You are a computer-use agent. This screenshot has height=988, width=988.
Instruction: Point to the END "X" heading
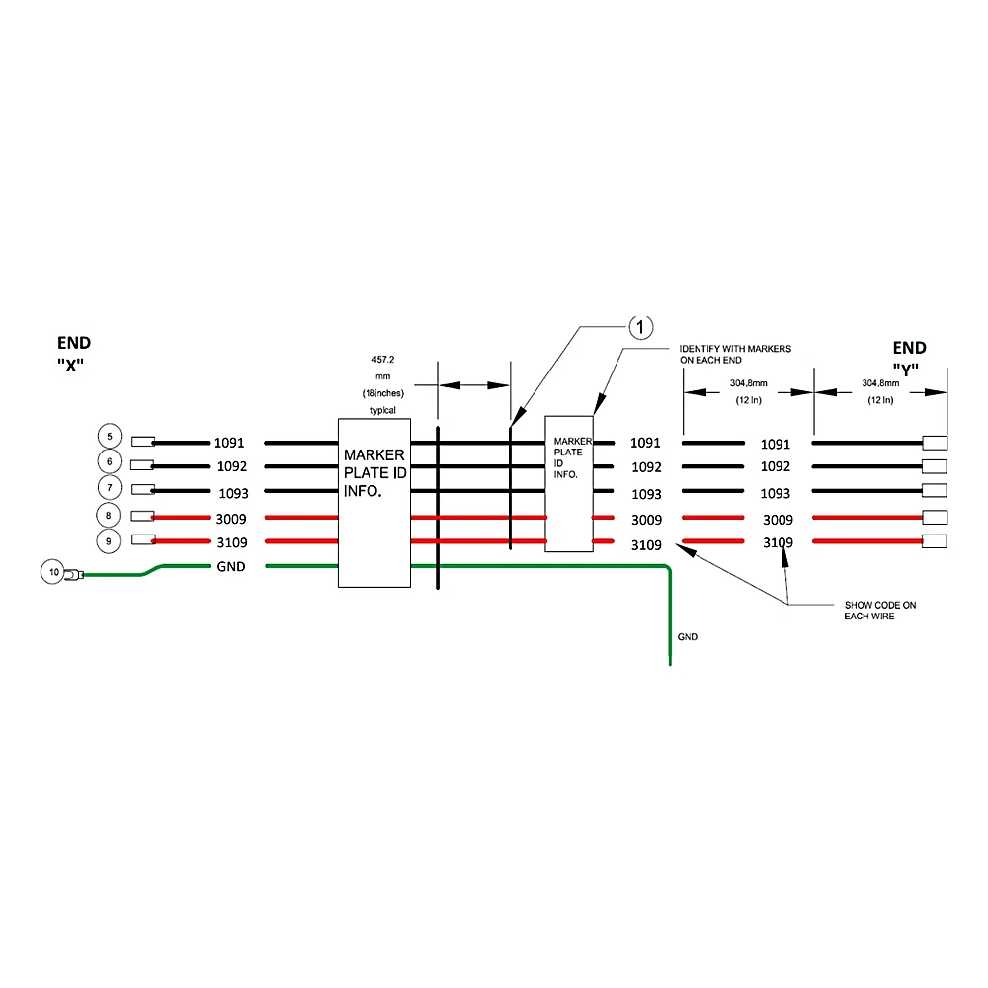73,354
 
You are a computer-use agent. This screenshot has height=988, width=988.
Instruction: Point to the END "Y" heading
909,358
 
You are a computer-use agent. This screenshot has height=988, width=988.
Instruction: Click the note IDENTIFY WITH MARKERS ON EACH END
735,354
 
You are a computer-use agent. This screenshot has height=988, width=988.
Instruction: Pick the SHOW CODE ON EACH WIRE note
880,611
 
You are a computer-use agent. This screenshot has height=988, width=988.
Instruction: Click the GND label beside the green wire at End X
231,566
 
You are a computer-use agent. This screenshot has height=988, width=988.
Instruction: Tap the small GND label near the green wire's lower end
688,637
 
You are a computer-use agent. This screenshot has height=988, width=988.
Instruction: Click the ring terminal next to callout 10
74,575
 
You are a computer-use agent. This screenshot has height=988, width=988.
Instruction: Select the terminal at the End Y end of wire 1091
935,443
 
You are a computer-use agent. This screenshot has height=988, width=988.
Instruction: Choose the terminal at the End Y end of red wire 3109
935,541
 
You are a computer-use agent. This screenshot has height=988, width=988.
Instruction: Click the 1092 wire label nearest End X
232,467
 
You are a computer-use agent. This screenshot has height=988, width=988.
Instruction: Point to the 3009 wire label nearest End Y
779,520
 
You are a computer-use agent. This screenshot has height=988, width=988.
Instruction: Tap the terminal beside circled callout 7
143,490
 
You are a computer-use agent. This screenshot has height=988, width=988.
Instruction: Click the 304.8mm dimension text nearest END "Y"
880,383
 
